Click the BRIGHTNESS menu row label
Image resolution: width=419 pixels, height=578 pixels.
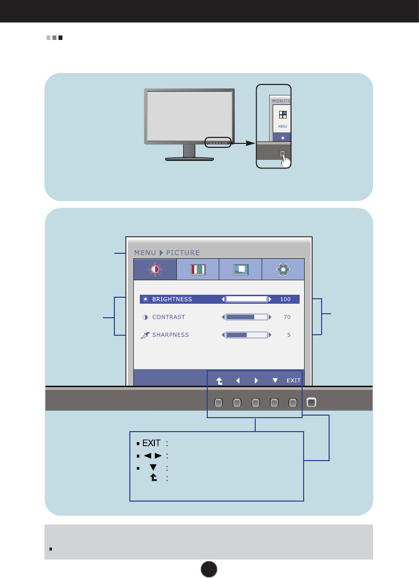(172, 299)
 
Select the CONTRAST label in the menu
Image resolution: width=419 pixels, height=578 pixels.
(168, 317)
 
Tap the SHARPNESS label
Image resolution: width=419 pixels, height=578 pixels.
(170, 335)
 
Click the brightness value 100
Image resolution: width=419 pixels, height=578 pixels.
(285, 299)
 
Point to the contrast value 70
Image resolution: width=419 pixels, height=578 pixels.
(287, 317)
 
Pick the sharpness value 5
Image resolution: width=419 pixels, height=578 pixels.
(289, 335)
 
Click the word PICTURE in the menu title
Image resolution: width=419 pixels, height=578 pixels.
(183, 253)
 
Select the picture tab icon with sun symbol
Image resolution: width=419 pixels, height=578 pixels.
(155, 269)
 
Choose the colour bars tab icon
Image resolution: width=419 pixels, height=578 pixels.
(198, 269)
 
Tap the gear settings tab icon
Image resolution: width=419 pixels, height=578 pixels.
(283, 269)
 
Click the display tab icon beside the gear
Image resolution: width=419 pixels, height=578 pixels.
(240, 269)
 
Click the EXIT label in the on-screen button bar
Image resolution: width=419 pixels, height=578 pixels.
(293, 380)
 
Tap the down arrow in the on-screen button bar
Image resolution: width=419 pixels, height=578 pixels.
(275, 380)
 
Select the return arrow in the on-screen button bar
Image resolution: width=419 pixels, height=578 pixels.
(219, 380)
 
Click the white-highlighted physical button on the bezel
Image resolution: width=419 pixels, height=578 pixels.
(312, 401)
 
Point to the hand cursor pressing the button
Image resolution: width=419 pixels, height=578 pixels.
(286, 160)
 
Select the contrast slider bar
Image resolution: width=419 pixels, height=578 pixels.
(246, 317)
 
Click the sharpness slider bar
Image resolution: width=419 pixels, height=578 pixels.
(246, 335)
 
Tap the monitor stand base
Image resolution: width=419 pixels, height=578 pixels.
(189, 159)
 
